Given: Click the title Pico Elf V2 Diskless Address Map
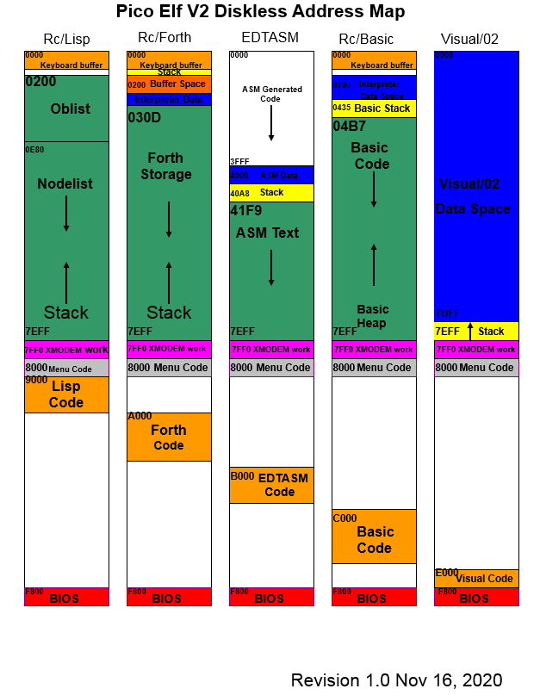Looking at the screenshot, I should coord(260,12).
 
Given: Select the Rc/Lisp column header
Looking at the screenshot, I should coord(66,40).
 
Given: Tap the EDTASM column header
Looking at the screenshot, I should coord(270,38).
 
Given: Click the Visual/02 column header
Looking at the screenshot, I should coord(469,39).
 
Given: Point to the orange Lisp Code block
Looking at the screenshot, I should coord(66,394).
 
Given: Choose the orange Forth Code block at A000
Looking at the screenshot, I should coord(169,437).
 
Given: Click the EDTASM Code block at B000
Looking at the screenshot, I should coord(271,485).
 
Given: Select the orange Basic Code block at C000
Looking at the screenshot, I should coord(374,537).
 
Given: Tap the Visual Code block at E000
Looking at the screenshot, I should coord(476,578).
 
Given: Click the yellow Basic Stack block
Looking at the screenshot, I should coord(374,109).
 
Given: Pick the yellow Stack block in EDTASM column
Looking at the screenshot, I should coord(271,193).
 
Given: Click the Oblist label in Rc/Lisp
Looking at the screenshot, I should coord(70,109).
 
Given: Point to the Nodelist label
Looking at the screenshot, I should coord(65,184).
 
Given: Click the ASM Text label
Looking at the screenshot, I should coord(267,233).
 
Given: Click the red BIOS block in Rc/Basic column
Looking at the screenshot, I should coord(374,598).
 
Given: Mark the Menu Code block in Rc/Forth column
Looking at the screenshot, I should coord(169,368).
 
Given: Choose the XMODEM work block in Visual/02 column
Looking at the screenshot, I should coord(476,350).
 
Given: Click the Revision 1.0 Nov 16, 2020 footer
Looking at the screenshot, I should coord(396,680).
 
